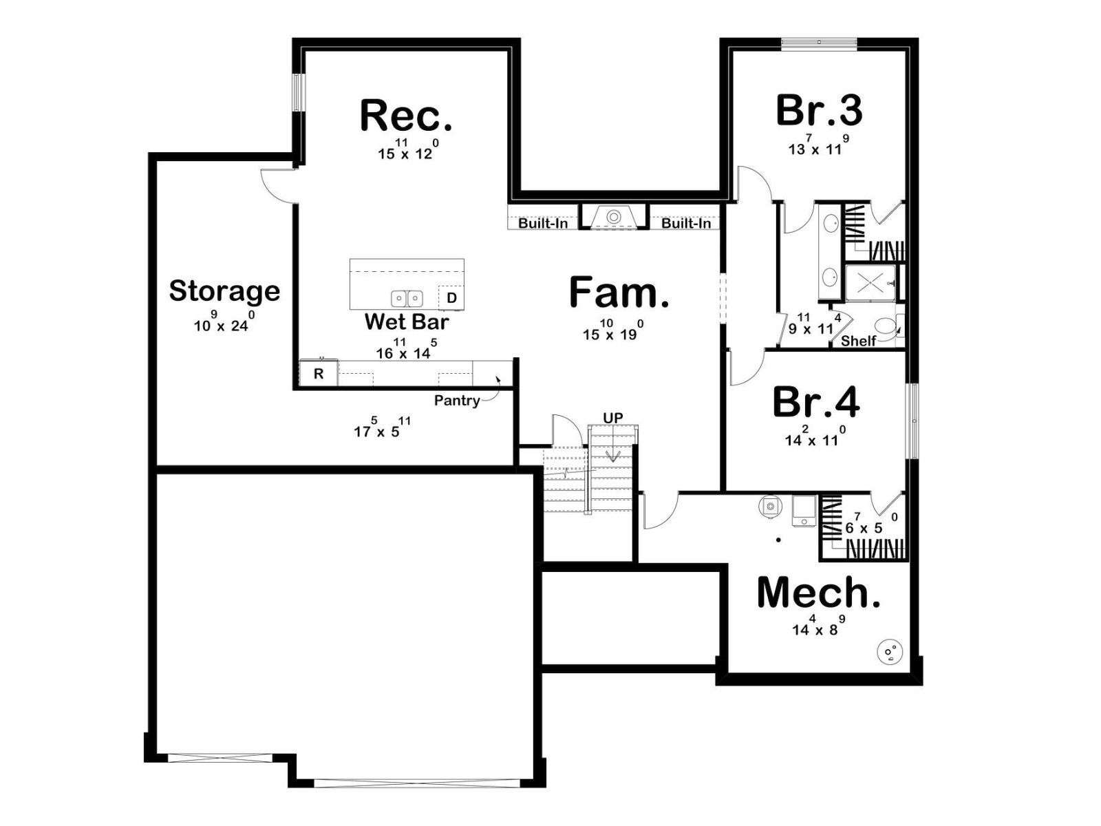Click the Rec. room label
click(x=406, y=116)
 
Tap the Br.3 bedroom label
click(x=819, y=110)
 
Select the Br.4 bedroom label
click(x=815, y=401)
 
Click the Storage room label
click(x=224, y=291)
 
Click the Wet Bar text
click(x=406, y=321)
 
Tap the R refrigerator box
click(x=319, y=373)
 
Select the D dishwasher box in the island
click(x=451, y=298)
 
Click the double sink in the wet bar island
click(x=407, y=299)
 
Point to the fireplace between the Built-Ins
click(x=613, y=217)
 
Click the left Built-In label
click(x=543, y=223)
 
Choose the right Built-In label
click(x=685, y=223)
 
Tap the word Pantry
click(x=457, y=400)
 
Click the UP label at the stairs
click(x=613, y=418)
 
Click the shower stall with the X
click(x=870, y=284)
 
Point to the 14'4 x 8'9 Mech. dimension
click(x=819, y=626)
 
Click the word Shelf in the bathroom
click(x=858, y=341)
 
